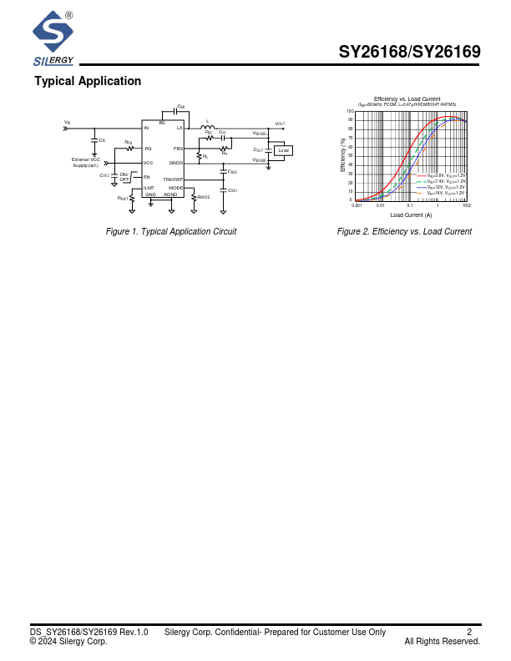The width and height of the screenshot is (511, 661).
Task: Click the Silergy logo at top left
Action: (x=53, y=38)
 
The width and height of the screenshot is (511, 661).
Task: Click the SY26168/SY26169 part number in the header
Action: (x=409, y=52)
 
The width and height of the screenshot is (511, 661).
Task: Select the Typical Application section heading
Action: (x=88, y=81)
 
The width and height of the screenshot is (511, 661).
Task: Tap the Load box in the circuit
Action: (x=283, y=150)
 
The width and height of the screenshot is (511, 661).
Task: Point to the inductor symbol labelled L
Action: (x=208, y=128)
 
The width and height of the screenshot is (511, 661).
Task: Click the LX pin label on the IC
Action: (x=179, y=128)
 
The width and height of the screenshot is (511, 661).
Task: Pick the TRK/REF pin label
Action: (x=173, y=179)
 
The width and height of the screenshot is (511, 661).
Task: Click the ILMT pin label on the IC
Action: (x=149, y=188)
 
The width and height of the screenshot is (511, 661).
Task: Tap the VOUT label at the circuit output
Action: (x=280, y=124)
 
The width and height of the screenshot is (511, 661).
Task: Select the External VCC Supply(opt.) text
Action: (x=85, y=162)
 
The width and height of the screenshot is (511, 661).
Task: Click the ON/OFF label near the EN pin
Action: (x=124, y=177)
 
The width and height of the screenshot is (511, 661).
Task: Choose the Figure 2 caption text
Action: (x=404, y=232)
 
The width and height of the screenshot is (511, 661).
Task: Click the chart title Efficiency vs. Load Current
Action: (x=407, y=98)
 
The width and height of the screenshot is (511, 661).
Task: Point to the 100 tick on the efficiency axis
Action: (x=350, y=111)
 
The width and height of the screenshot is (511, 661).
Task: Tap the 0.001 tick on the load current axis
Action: (x=357, y=205)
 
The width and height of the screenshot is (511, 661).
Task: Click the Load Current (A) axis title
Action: (x=411, y=214)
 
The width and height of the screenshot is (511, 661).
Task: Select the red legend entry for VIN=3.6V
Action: (x=446, y=175)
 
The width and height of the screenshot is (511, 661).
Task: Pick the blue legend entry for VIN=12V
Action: (x=446, y=187)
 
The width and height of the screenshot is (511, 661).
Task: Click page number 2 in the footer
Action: (x=469, y=632)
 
